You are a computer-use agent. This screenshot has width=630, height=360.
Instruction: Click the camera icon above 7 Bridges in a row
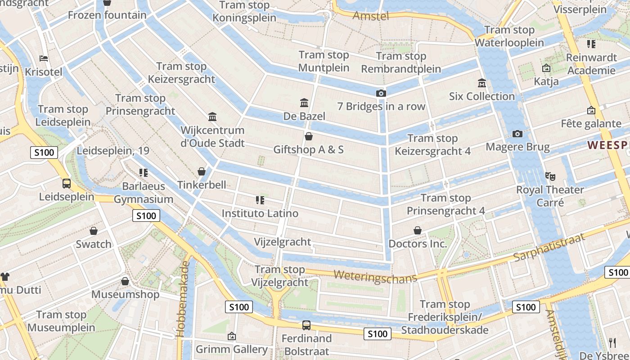pyautogui.click(x=381, y=93)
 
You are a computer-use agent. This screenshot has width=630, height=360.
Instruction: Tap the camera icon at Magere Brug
pyautogui.click(x=517, y=134)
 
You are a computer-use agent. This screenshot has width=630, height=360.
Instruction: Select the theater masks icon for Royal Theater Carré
pyautogui.click(x=549, y=176)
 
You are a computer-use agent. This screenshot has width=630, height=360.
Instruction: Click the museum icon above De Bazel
pyautogui.click(x=304, y=103)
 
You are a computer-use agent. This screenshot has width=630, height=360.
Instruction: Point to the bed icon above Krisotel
pyautogui.click(x=44, y=58)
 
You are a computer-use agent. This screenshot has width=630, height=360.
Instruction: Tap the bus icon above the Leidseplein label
pyautogui.click(x=66, y=183)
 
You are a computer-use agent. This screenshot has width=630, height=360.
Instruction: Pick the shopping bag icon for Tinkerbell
pyautogui.click(x=202, y=171)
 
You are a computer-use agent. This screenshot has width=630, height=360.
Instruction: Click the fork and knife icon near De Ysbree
pyautogui.click(x=612, y=342)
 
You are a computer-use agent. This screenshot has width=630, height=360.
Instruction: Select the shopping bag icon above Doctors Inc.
pyautogui.click(x=418, y=230)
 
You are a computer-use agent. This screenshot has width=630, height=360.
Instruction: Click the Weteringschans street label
pyautogui.click(x=375, y=276)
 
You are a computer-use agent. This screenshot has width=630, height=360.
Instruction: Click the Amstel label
pyautogui.click(x=370, y=16)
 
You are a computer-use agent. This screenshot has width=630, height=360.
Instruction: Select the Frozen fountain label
pyautogui.click(x=107, y=15)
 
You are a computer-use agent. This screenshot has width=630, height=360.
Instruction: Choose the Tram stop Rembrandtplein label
pyautogui.click(x=401, y=63)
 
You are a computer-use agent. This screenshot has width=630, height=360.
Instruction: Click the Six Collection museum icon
pyautogui.click(x=482, y=83)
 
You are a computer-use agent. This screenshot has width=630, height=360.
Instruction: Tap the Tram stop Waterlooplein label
pyautogui.click(x=509, y=36)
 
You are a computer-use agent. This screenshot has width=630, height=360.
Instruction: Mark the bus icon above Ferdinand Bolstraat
pyautogui.click(x=306, y=325)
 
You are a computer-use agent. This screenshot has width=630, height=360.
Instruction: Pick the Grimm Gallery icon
pyautogui.click(x=231, y=336)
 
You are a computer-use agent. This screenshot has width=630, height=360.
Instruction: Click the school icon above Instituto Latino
pyautogui.click(x=260, y=200)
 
